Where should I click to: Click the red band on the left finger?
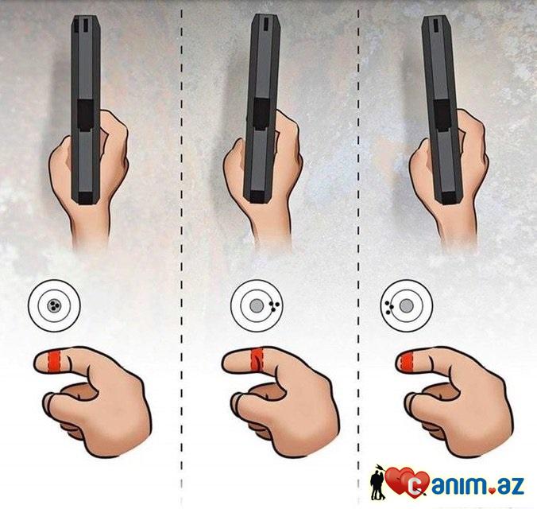click(53, 362)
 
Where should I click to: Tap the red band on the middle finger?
click(257, 359)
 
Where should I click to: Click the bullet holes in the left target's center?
click(54, 305)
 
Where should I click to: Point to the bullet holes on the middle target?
click(274, 306)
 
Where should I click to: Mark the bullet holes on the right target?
click(388, 307)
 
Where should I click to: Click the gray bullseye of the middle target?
click(256, 306)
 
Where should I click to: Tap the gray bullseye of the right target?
click(407, 305)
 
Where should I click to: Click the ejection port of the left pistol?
click(85, 115)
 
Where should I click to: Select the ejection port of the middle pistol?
click(261, 115)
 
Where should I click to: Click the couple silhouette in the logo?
click(378, 484)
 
